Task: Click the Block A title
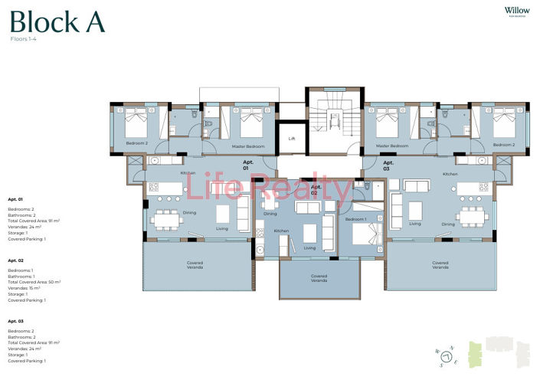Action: click(57, 21)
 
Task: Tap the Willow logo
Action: click(518, 11)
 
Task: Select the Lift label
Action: click(291, 139)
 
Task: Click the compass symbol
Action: click(446, 353)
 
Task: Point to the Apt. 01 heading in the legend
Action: click(15, 198)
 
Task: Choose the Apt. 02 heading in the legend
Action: click(15, 260)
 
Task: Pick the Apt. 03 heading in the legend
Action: click(15, 321)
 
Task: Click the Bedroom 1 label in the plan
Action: click(355, 220)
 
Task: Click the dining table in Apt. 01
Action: click(166, 218)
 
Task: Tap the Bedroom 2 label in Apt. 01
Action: click(137, 143)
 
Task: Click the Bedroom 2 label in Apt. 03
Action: click(503, 145)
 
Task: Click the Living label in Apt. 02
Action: click(309, 247)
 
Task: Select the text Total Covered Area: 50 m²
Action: click(34, 282)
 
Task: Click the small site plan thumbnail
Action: click(499, 352)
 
